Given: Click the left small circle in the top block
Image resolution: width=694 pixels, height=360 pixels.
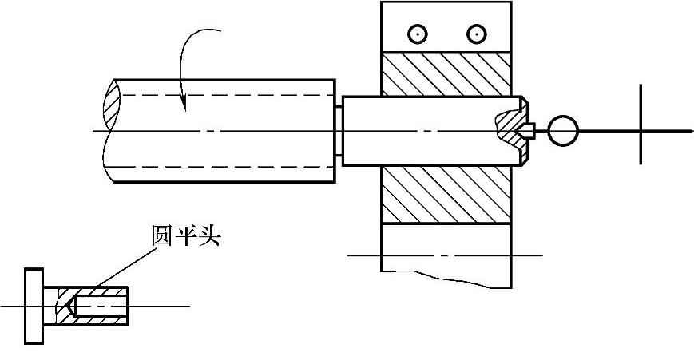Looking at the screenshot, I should click(x=417, y=34).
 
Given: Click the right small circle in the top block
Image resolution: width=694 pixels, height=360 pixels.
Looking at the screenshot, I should click(x=477, y=34).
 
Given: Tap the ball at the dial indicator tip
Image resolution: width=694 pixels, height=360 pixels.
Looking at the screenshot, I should click(x=563, y=130).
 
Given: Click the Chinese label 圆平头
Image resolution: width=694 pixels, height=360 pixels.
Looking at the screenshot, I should click(x=185, y=236).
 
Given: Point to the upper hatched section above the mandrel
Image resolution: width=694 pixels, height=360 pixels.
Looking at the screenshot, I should click(x=445, y=74).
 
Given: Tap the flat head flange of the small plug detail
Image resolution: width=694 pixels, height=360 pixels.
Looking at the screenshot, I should click(x=34, y=307).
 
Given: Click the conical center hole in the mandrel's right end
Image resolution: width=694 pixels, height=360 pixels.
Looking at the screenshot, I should click(x=527, y=129).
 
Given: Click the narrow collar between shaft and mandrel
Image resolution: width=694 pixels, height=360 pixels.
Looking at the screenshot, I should click(x=339, y=130).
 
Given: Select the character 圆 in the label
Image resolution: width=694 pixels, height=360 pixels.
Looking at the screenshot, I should click(x=162, y=236).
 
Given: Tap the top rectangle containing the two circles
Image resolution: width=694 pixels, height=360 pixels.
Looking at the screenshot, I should click(x=445, y=27).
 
